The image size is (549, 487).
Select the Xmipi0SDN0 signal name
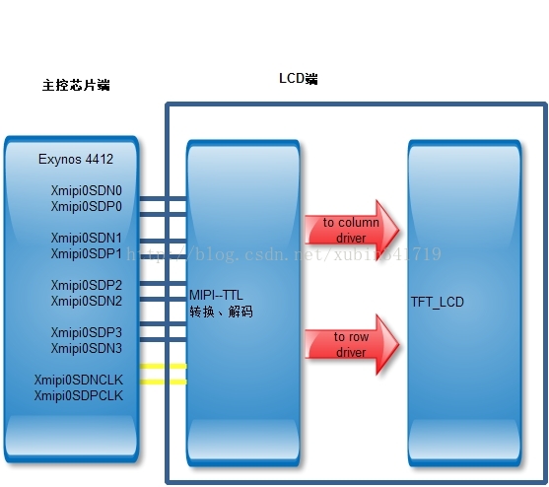pyautogui.click(x=86, y=190)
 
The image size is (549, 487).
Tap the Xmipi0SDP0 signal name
pyautogui.click(x=86, y=206)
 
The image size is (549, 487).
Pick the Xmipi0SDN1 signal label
pyautogui.click(x=86, y=238)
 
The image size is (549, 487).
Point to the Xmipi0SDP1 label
pyautogui.click(x=86, y=253)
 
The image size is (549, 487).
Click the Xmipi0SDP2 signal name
pyautogui.click(x=86, y=285)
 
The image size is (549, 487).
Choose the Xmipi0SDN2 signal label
pyautogui.click(x=86, y=301)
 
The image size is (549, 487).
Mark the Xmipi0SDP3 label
pyautogui.click(x=86, y=332)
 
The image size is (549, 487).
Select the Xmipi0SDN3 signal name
pyautogui.click(x=86, y=348)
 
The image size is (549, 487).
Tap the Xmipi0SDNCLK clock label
pyautogui.click(x=78, y=380)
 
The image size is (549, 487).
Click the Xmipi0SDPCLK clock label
pyautogui.click(x=78, y=395)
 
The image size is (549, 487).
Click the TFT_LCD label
pyautogui.click(x=439, y=302)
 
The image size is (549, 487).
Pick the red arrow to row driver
pyautogui.click(x=350, y=344)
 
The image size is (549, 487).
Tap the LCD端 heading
pyautogui.click(x=299, y=79)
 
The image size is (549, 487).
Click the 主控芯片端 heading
pyautogui.click(x=75, y=86)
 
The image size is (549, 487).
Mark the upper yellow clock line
pyautogui.click(x=164, y=367)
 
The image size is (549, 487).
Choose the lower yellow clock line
pyautogui.click(x=164, y=382)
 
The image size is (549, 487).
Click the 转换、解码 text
pyautogui.click(x=221, y=312)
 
